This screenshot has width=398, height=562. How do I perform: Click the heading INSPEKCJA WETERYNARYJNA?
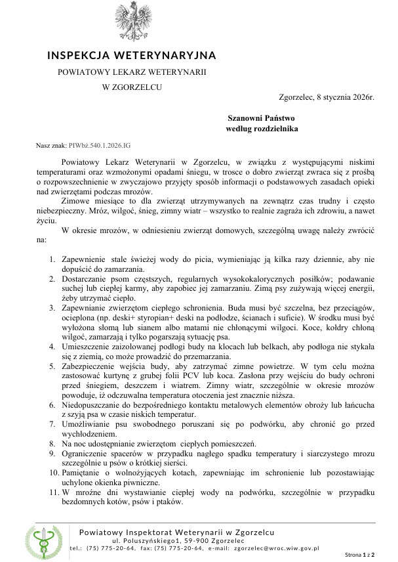point(131,55)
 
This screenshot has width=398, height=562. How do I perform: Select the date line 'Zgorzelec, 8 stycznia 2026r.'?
point(326,97)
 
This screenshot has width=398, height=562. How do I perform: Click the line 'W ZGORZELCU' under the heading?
point(131,86)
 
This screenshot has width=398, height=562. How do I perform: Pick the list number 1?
point(52,262)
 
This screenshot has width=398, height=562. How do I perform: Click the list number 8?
point(52,444)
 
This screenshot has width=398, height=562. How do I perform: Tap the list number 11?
point(51,492)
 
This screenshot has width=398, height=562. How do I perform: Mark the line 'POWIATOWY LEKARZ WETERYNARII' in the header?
point(131,71)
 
